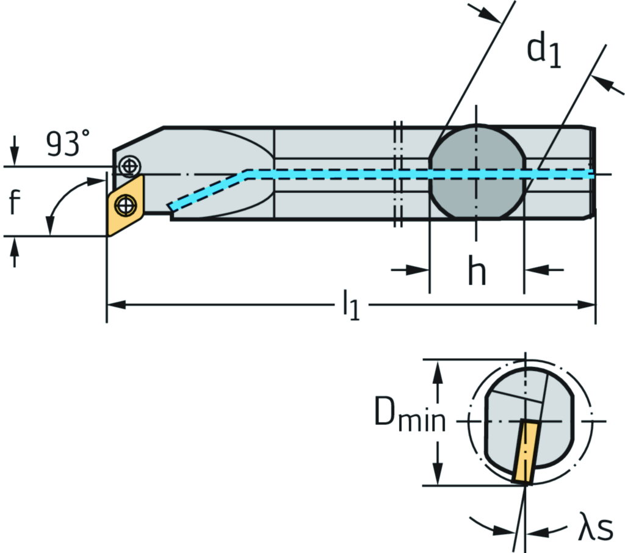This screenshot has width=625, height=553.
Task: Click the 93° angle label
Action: tap(71, 144)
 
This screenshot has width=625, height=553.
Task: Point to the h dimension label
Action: tap(477, 273)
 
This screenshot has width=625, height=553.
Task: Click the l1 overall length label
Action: tap(351, 305)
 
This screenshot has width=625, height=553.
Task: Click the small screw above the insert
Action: tap(129, 165)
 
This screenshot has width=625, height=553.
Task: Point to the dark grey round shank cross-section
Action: tap(477, 173)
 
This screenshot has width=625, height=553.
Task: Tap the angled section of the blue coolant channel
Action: tap(208, 190)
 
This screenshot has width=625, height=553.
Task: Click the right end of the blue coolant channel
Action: tap(589, 174)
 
